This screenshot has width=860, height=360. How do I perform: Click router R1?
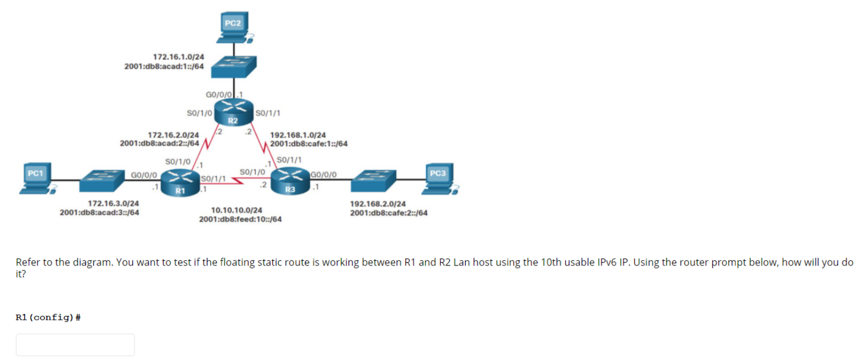tap(180, 182)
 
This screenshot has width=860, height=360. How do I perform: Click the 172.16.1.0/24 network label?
tap(179, 57)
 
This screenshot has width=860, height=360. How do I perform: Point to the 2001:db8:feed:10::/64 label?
tap(240, 219)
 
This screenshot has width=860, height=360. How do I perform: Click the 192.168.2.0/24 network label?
tap(377, 204)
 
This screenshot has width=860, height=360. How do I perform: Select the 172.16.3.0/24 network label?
tap(114, 203)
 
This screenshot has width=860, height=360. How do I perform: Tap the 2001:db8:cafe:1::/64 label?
tap(309, 144)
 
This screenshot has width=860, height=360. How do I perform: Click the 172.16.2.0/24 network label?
tap(173, 135)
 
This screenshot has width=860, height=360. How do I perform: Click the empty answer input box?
tap(75, 344)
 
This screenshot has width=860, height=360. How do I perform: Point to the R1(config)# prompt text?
tap(48, 318)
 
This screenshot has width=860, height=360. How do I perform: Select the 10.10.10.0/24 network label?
tap(236, 210)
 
